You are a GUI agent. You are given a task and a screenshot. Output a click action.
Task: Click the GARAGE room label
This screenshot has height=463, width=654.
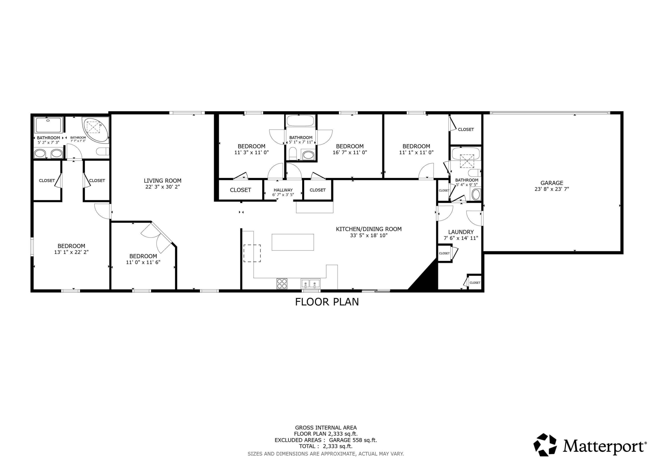(552, 183)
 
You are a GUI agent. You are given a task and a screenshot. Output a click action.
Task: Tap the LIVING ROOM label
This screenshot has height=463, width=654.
(162, 181)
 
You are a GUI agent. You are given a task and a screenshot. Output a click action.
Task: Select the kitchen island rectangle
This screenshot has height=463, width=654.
(293, 242)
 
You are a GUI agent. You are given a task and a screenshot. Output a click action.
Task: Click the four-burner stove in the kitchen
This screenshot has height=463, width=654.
(282, 284)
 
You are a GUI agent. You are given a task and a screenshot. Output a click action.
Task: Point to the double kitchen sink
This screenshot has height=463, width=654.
(310, 284)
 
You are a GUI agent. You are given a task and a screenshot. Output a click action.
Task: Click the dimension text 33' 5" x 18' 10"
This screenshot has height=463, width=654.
(369, 235)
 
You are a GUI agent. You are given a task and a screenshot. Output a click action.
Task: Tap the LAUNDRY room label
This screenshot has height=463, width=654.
(461, 232)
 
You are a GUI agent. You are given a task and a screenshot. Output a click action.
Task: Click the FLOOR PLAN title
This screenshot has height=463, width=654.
(327, 302)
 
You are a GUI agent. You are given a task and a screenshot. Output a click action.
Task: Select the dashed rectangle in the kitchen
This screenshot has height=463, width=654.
(252, 253)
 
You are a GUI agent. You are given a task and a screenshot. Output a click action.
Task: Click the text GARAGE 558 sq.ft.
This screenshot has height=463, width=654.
(353, 440)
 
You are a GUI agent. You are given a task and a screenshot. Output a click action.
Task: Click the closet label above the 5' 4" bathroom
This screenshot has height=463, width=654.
(466, 129)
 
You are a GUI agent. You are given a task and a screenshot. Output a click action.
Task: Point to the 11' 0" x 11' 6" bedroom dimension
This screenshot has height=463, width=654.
(143, 262)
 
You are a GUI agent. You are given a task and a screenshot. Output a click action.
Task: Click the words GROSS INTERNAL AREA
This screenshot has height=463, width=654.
(325, 428)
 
